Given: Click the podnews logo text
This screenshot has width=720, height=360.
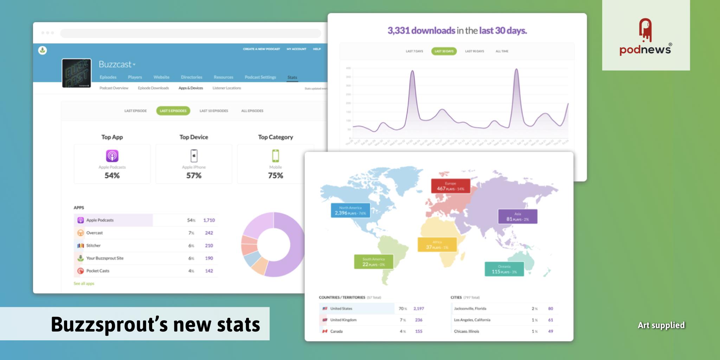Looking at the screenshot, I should tap(645, 49).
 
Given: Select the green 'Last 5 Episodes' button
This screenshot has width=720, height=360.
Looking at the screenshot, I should tap(173, 111).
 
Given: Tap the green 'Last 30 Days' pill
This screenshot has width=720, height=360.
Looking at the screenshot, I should tap(444, 51).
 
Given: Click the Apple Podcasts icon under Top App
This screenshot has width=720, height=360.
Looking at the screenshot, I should tap(112, 156).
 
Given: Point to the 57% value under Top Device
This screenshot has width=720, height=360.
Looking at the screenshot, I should tap(194, 175).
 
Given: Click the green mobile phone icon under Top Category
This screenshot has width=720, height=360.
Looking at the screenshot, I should tap(275, 156).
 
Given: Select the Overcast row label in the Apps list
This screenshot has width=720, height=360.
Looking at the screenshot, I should tap(94, 233).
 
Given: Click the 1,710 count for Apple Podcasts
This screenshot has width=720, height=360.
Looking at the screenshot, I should tap(209, 220).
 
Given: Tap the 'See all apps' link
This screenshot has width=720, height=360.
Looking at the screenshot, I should tap(84, 283).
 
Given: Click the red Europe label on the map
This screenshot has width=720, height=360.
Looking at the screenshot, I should tap(450, 186).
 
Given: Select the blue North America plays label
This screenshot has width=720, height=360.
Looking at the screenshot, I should tap(350, 211).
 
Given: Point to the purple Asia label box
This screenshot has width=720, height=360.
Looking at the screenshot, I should tap(517, 217).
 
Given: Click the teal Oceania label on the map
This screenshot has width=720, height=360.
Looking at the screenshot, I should tap(504, 269).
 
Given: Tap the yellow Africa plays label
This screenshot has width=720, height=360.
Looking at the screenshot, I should tap(437, 245).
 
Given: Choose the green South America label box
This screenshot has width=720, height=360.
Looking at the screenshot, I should tap(373, 262).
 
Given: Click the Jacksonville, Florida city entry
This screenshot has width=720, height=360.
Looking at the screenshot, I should tap(470, 309).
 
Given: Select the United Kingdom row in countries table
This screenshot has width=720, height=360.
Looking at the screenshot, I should tap(343, 320).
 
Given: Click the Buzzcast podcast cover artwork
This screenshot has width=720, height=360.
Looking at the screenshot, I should tap(77, 73).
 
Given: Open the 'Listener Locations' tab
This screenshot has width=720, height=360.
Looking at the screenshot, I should tap(226, 88).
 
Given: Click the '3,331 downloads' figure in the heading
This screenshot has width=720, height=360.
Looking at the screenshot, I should tap(421, 31).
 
